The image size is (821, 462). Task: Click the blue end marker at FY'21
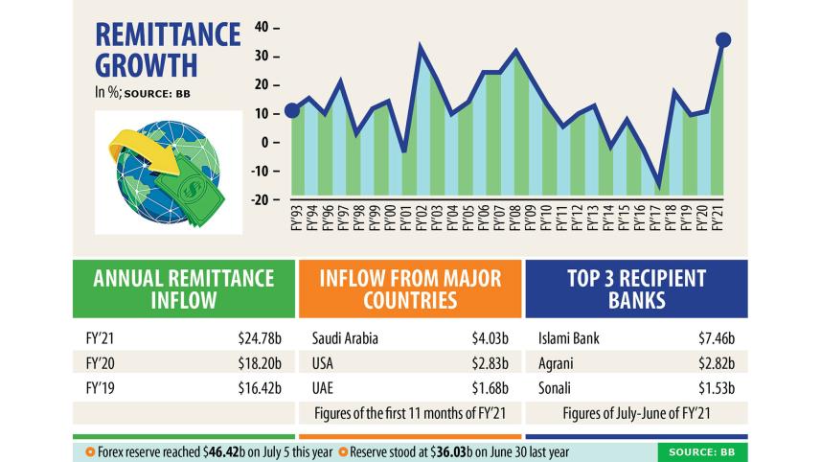point(723,39)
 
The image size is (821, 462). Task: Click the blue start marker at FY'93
point(293,111)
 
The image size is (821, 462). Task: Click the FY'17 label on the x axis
point(655,222)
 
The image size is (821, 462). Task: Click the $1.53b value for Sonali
point(716,390)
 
